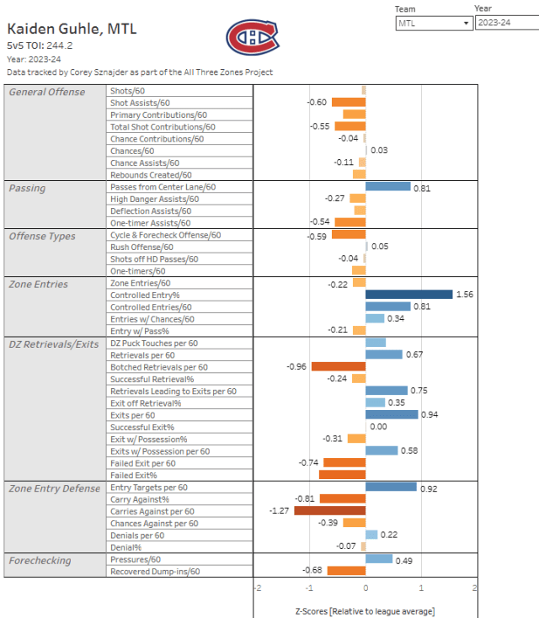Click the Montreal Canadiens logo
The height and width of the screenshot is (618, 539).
point(251,36)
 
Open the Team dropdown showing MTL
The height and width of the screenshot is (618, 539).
point(433,24)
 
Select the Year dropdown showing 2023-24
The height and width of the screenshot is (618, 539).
point(505,24)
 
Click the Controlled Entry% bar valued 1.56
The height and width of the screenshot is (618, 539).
point(409,296)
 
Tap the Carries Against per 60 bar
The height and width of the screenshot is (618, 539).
point(329,511)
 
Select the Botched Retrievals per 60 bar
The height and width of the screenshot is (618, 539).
point(339,367)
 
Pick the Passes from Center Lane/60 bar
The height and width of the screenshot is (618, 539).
point(387,187)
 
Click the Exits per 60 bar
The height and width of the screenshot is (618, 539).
point(392,415)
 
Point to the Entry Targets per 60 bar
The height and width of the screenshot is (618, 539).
point(391,487)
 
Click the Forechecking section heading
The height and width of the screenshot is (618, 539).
point(40,560)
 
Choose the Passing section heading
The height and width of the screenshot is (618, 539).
point(27,189)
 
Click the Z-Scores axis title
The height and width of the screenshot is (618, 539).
point(365,610)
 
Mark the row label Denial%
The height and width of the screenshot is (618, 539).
point(125,547)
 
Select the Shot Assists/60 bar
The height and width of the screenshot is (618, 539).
point(348,103)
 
